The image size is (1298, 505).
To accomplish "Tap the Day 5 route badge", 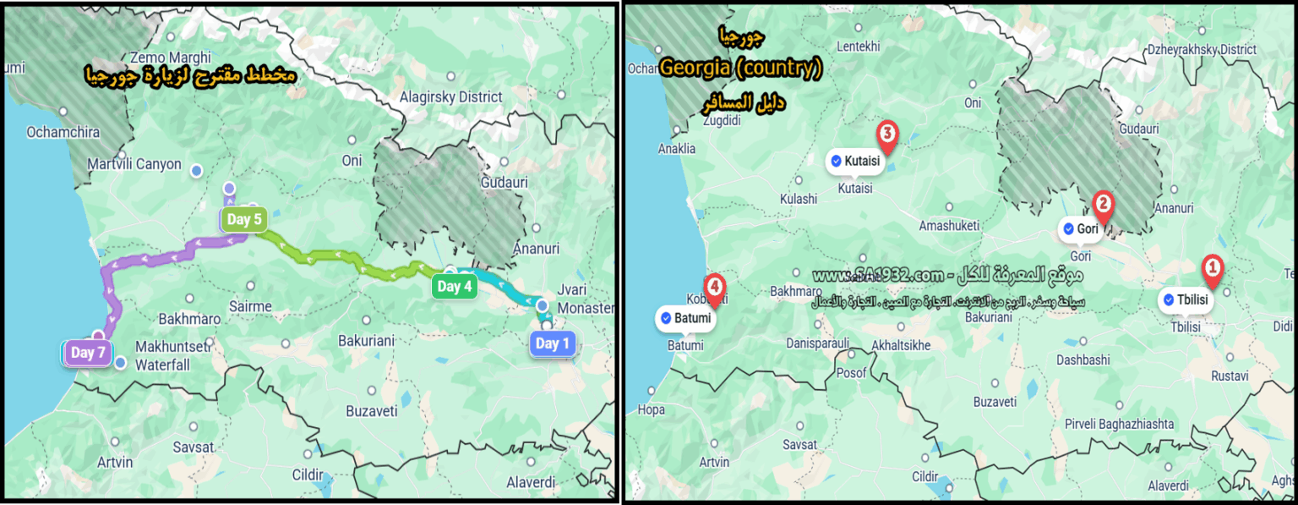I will click(x=243, y=221).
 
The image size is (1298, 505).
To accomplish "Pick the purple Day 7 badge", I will click(x=88, y=353).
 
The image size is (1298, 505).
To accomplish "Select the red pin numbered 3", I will click(x=886, y=134).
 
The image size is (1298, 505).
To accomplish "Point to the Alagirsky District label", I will click(x=451, y=97).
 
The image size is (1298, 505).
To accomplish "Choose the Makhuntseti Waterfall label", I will click(x=163, y=355).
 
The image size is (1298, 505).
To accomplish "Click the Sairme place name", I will click(x=249, y=306).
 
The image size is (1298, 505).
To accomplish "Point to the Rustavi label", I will click(x=1230, y=376).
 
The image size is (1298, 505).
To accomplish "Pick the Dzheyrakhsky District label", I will click(x=1202, y=50).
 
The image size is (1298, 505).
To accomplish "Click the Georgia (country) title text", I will click(x=740, y=69).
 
